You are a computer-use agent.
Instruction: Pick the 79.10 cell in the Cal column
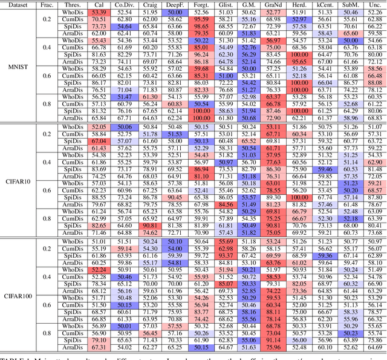99,340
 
